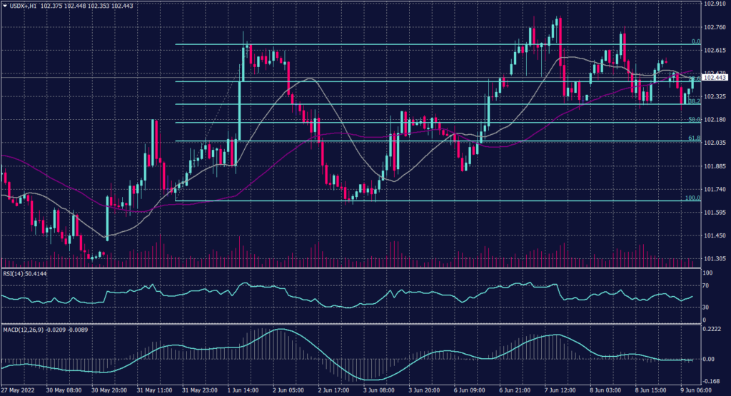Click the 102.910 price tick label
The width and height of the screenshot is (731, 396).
pyautogui.click(x=714, y=4)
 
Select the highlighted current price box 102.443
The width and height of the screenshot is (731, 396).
pyautogui.click(x=715, y=78)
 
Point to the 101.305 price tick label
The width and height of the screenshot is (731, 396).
pyautogui.click(x=714, y=259)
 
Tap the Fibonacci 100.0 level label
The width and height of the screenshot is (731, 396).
pyautogui.click(x=692, y=198)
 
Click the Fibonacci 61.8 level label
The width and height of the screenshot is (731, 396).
pyautogui.click(x=693, y=138)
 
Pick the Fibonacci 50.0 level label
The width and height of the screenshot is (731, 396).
pyautogui.click(x=693, y=119)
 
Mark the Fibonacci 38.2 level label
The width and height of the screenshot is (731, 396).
pyautogui.click(x=693, y=101)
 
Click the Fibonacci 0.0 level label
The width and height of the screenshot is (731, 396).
pyautogui.click(x=695, y=41)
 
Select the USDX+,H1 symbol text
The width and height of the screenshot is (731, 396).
pyautogui.click(x=26, y=5)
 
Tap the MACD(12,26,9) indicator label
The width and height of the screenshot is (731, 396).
pyautogui.click(x=24, y=329)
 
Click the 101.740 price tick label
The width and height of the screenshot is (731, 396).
pyautogui.click(x=714, y=190)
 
